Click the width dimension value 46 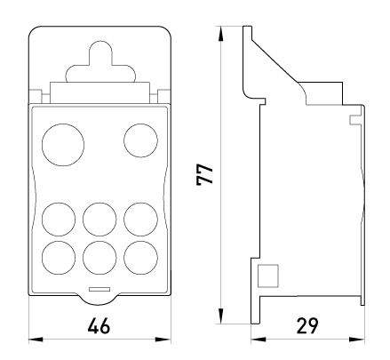[x=99, y=325]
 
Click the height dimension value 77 [x=204, y=174]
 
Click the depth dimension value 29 [x=306, y=325]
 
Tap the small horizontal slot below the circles [x=99, y=289]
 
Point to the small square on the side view [x=268, y=276]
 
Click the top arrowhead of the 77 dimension [x=220, y=34]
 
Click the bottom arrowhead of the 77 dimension [x=220, y=316]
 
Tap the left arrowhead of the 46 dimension [x=36, y=340]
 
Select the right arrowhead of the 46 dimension [x=163, y=340]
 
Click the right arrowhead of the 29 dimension [x=357, y=340]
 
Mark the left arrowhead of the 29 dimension [x=259, y=340]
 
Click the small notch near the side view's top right [x=355, y=120]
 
